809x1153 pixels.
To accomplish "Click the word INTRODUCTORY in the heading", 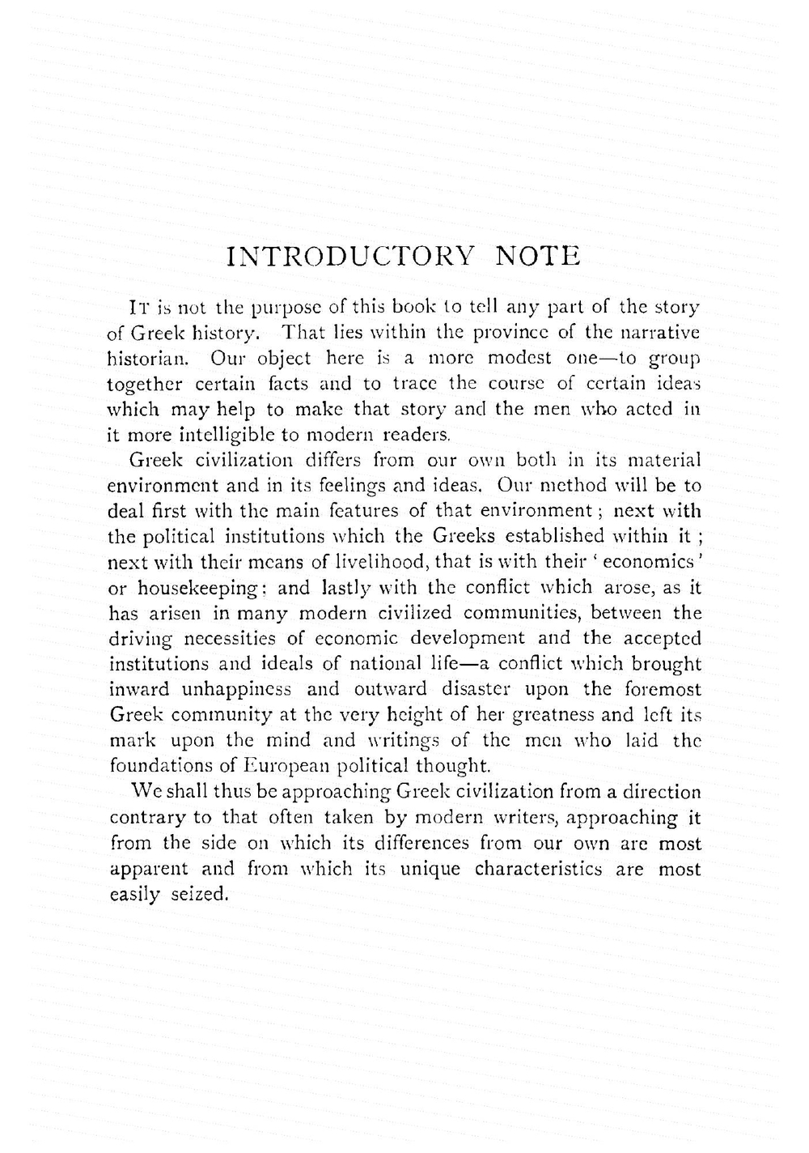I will [350, 257].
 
